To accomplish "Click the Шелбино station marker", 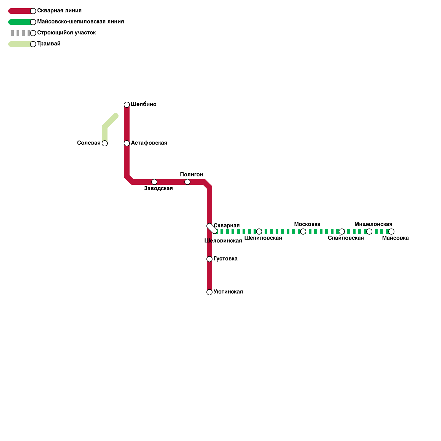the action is click(127, 105).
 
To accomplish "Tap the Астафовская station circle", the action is click(127, 143).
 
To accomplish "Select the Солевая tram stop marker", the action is click(105, 143).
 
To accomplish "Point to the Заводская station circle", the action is click(154, 182).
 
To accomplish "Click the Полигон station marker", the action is click(187, 182).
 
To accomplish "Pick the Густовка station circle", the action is click(209, 259).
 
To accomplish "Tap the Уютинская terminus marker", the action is click(209, 292).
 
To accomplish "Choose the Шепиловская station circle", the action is click(259, 232).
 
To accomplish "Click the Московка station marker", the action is click(303, 232).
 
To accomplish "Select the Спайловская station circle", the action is click(342, 232).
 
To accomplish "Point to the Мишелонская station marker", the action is click(369, 232).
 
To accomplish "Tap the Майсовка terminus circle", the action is click(391, 232).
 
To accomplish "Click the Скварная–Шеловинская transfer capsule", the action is click(212, 228).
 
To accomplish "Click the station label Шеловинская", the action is click(223, 241).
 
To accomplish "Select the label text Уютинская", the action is click(228, 292).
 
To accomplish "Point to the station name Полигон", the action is click(192, 174).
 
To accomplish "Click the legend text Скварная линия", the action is click(60, 11).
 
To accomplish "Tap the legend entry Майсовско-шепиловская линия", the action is click(80, 22).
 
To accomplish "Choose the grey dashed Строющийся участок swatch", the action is click(21, 33).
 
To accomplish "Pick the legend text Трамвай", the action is click(49, 44).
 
